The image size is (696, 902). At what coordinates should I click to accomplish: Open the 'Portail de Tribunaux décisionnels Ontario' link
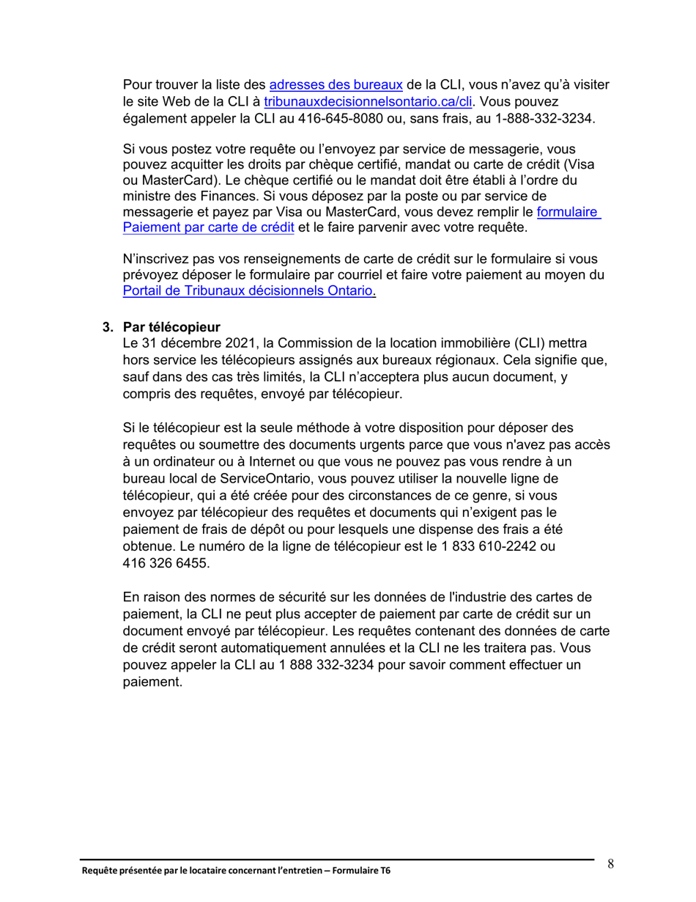(x=249, y=292)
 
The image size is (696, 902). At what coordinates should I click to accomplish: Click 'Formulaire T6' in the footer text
(x=359, y=871)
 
